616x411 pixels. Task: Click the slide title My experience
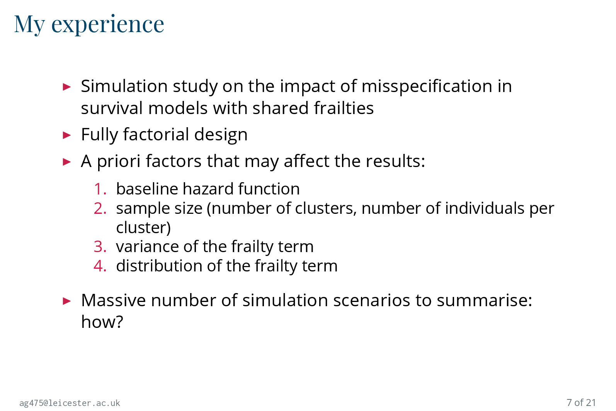89,25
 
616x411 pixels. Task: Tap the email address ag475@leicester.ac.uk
70,403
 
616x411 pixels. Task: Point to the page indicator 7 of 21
581,402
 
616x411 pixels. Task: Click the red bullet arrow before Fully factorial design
67,135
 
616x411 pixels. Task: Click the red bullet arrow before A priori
67,162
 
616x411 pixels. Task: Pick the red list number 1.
100,189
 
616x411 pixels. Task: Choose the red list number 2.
100,208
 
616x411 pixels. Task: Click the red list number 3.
100,247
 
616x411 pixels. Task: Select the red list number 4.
100,266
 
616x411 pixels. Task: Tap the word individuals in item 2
485,208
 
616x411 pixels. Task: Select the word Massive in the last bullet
113,300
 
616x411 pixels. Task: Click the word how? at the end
102,322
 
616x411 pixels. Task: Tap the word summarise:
484,300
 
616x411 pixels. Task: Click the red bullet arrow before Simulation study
67,87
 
